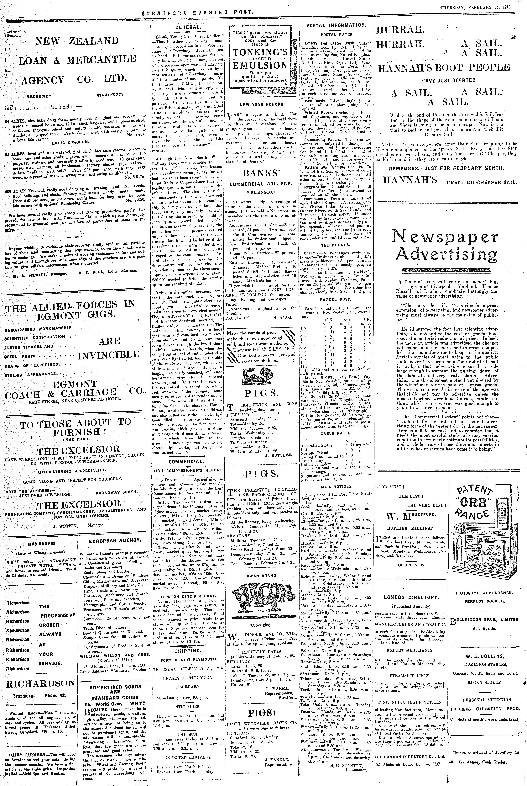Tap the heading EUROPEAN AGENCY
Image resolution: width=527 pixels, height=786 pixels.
115,540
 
